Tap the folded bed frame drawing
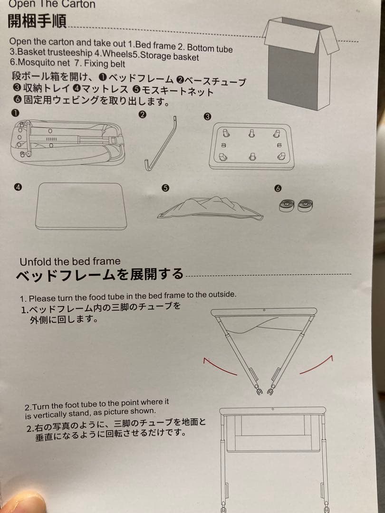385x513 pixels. tap(67, 142)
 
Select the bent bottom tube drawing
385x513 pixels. tap(161, 144)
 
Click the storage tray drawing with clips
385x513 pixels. tap(251, 146)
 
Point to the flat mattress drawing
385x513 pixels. tap(81, 206)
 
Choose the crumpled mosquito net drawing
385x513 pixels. tap(210, 209)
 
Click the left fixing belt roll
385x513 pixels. tap(287, 206)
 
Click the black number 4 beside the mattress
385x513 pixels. tap(18, 187)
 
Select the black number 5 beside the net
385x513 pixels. tap(166, 188)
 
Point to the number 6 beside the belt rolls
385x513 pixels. tap(278, 188)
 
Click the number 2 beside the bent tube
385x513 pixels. tap(143, 114)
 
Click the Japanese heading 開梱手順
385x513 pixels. tap(37, 21)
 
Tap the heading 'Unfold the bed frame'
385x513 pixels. tap(70, 262)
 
